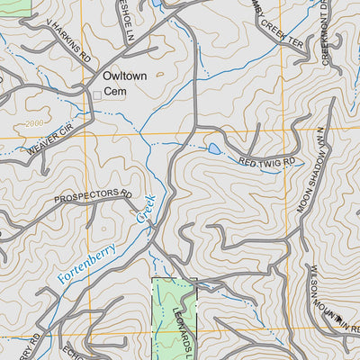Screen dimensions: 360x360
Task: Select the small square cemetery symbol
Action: [x=97, y=93]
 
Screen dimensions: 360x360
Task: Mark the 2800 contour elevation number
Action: [x=37, y=122]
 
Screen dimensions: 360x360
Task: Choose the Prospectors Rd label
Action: [x=93, y=196]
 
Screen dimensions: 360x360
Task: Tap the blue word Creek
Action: [x=146, y=209]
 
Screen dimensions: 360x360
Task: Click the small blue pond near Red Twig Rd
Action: [x=214, y=148]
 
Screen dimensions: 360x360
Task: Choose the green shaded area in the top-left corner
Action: [x=13, y=4]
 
